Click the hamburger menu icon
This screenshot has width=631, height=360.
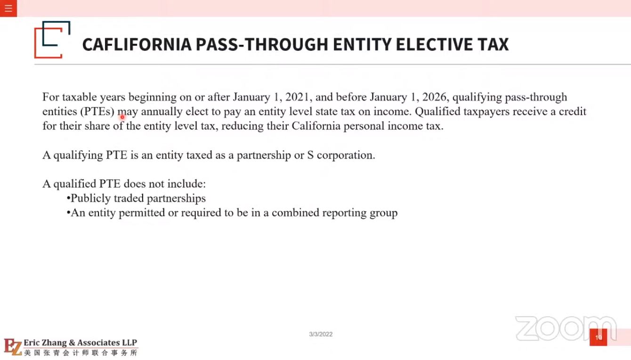click(8, 8)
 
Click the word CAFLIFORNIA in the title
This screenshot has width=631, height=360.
click(136, 44)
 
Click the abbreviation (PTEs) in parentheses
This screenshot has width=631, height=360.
click(98, 112)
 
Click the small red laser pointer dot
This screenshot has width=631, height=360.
click(122, 117)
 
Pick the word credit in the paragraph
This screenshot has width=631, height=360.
click(572, 112)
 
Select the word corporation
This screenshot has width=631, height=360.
click(346, 155)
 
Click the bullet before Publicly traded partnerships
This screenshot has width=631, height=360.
click(68, 198)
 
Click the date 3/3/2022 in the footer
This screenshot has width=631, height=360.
click(321, 334)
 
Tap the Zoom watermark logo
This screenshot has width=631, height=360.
click(565, 328)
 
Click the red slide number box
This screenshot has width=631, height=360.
click(598, 337)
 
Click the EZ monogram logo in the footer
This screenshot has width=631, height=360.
click(13, 347)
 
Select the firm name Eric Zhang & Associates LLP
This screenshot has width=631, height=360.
click(80, 343)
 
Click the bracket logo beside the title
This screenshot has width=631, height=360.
click(52, 40)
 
